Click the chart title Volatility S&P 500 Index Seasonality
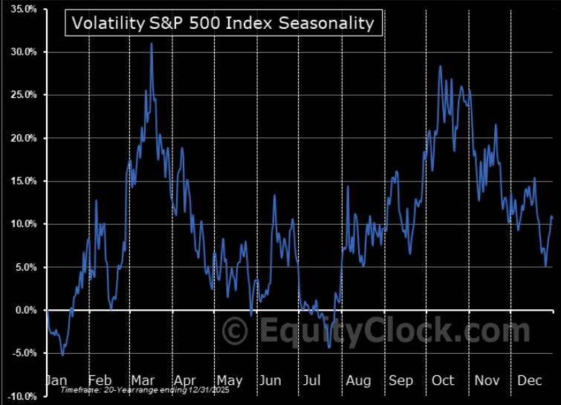[224, 23]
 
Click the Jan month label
[56, 380]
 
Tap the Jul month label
[312, 380]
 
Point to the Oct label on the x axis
[443, 380]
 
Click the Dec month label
[530, 380]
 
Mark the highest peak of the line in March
[151, 44]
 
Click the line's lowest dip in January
[62, 355]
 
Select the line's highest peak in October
[440, 67]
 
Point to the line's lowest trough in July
[329, 346]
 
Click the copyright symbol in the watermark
[235, 329]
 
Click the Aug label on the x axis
[357, 380]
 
